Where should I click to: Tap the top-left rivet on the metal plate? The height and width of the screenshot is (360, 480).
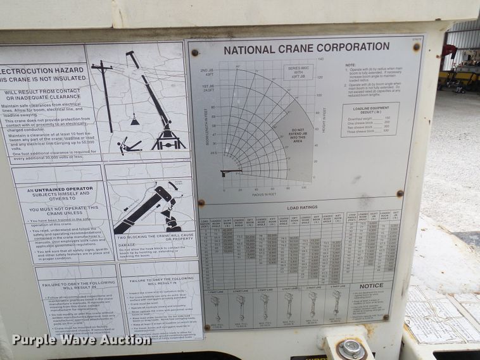(195, 53)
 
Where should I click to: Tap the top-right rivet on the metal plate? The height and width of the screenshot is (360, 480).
(417, 47)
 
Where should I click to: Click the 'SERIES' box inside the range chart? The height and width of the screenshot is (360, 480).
(300, 71)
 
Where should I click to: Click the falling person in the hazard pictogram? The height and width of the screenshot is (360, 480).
(129, 146)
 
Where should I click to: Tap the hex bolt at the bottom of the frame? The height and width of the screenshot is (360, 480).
(350, 348)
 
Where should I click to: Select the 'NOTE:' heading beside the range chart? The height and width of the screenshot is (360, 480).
(350, 65)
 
